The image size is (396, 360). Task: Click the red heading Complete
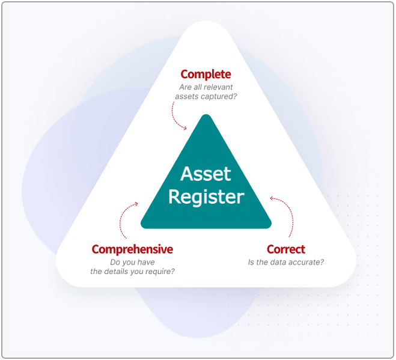point(206,75)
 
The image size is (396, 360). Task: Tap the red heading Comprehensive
point(132,249)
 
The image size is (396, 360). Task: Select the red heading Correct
point(286,249)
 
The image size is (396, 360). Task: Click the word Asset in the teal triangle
point(206,174)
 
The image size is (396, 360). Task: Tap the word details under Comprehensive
point(115,272)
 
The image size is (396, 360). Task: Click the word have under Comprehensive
point(146,262)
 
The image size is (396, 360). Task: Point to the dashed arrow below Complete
point(174,118)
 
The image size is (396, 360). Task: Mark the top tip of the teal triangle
point(206,114)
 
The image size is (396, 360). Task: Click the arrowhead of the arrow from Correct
point(272,198)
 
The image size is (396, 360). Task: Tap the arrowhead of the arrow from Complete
point(185,129)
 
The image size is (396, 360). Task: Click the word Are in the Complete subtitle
point(184,87)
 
